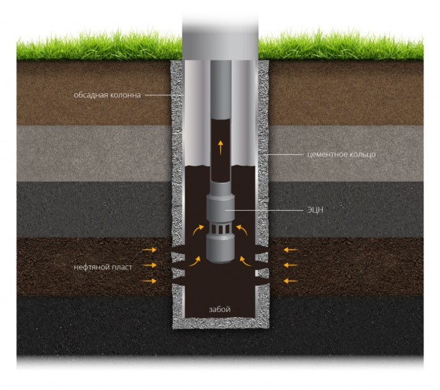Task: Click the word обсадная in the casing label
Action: [x=89, y=96]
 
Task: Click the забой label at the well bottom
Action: [x=219, y=310]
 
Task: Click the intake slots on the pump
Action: [x=221, y=229]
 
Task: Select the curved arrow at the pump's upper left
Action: [x=200, y=228]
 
